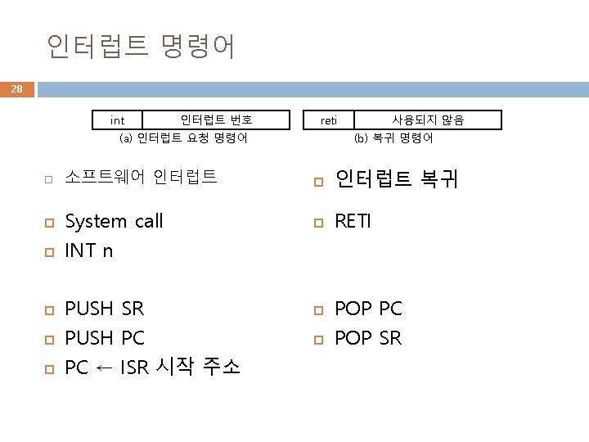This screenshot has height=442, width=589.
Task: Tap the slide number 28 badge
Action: [x=17, y=88]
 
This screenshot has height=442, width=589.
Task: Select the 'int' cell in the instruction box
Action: [x=118, y=121]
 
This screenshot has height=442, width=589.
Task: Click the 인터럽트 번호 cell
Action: [x=217, y=120]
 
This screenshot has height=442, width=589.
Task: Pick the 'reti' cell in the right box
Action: [x=329, y=121]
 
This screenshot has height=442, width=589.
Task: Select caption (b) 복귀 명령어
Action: [x=393, y=138]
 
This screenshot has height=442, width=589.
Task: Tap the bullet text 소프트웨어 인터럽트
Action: [x=141, y=175]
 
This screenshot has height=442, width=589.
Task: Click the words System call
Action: [x=114, y=221]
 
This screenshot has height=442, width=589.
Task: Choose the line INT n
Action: [x=88, y=250]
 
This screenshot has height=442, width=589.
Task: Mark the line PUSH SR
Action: [x=104, y=309]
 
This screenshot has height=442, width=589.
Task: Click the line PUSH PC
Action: [x=104, y=337]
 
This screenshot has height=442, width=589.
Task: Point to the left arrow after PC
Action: [x=104, y=367]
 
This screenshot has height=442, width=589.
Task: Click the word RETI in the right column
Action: [x=353, y=221]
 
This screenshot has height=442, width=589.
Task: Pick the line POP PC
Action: [x=368, y=309]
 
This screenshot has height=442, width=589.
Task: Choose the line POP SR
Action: [x=368, y=337]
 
